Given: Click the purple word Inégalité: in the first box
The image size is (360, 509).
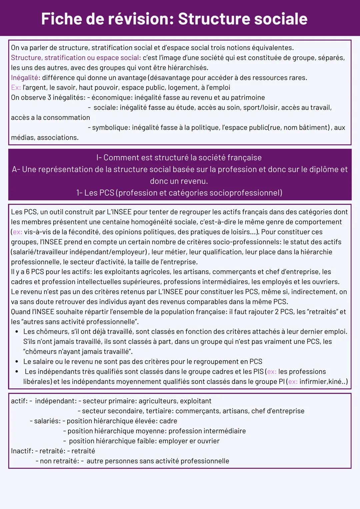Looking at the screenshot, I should (25, 78).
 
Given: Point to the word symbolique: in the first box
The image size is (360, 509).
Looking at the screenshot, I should (111, 128).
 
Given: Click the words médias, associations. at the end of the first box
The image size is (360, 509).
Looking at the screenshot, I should (45, 138).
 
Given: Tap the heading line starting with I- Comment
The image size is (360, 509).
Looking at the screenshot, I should (179, 158).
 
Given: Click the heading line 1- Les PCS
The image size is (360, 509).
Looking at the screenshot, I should (179, 193).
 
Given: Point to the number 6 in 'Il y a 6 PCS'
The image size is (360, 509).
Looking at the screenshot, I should (28, 272).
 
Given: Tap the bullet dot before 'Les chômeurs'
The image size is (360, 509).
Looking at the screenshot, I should (17, 332).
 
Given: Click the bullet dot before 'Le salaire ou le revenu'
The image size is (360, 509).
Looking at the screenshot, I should (17, 362).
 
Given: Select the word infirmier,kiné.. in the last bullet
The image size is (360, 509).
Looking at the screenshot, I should (322, 382).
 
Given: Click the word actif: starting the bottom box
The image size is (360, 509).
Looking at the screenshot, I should (19, 401).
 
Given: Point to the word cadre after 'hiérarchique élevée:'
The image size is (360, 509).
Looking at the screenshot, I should (168, 421).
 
